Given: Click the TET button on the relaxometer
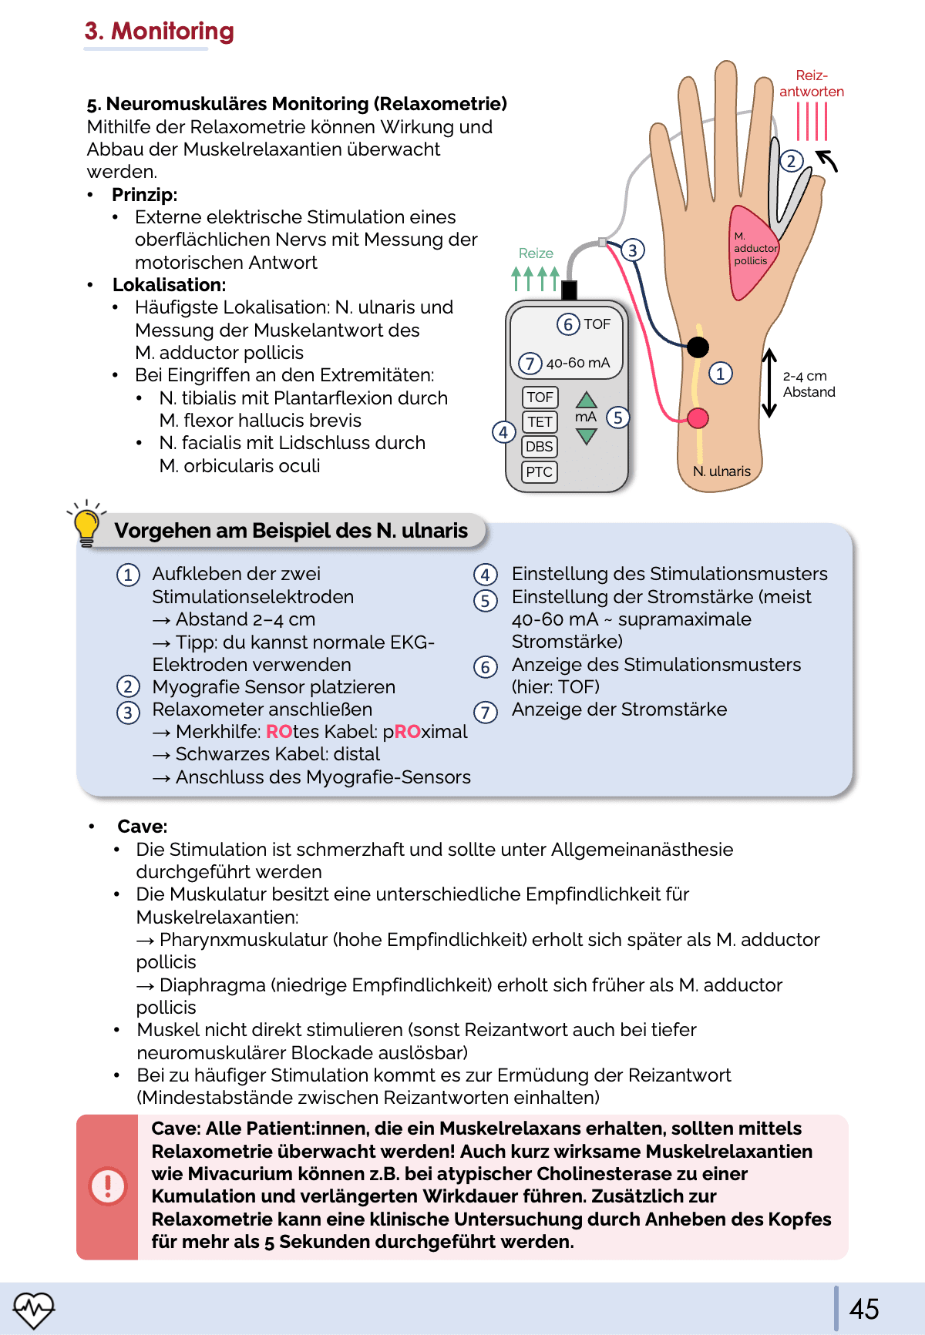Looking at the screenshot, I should (x=540, y=421).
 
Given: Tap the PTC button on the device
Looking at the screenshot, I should (x=540, y=471).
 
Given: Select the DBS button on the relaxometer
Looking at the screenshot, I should (x=540, y=447).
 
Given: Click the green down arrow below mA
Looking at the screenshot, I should (x=587, y=437).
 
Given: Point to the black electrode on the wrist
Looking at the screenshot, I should (x=698, y=347).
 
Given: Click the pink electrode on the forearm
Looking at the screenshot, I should (x=698, y=418).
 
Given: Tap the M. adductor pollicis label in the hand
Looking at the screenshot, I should (x=755, y=249).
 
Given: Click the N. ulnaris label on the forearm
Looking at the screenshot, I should (x=721, y=471).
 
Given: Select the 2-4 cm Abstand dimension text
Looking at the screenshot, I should (x=808, y=384).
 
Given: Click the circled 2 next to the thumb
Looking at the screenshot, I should (x=792, y=161).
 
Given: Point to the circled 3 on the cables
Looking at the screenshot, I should (x=632, y=250).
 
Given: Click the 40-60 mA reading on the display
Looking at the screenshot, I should (x=577, y=363).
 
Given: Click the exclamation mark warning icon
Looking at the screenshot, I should (x=108, y=1186).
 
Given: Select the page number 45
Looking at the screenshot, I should (x=863, y=1309).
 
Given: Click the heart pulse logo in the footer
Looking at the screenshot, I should (x=34, y=1309).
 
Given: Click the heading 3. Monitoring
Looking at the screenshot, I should (x=160, y=31).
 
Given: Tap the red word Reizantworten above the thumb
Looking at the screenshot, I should (x=811, y=83).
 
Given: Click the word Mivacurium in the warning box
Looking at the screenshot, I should (x=236, y=1174).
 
